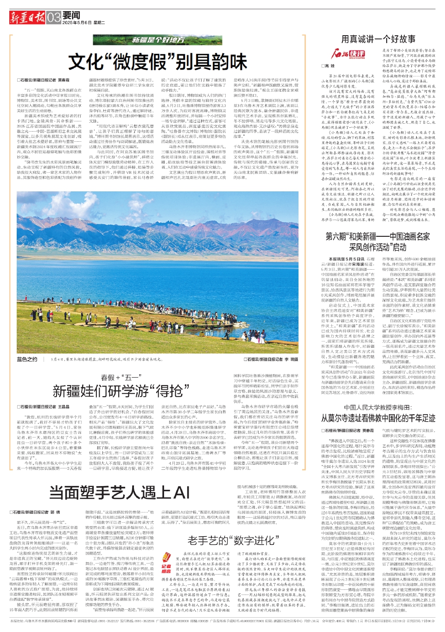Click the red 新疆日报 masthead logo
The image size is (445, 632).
click(27, 18)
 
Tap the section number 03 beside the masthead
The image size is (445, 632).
click(54, 18)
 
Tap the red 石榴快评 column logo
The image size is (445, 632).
click(348, 54)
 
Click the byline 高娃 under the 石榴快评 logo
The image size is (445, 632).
click(329, 66)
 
